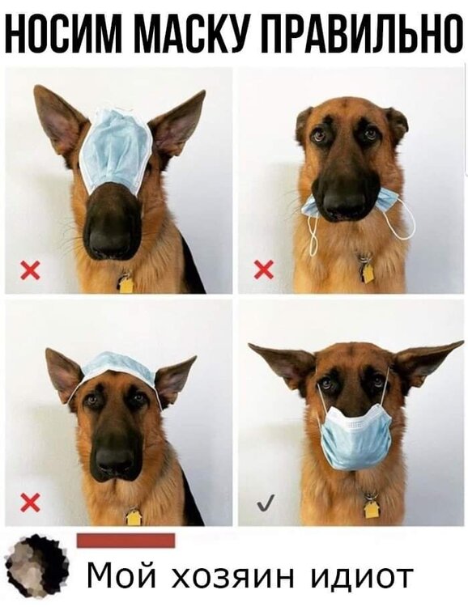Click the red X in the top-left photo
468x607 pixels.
coord(30,270)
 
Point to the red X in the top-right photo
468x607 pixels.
coord(264,269)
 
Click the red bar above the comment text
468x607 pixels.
coord(126,541)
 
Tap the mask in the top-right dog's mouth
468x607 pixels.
coord(349,214)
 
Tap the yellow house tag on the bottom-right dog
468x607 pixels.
coord(371,509)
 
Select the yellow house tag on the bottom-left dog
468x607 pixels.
coord(133,517)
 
